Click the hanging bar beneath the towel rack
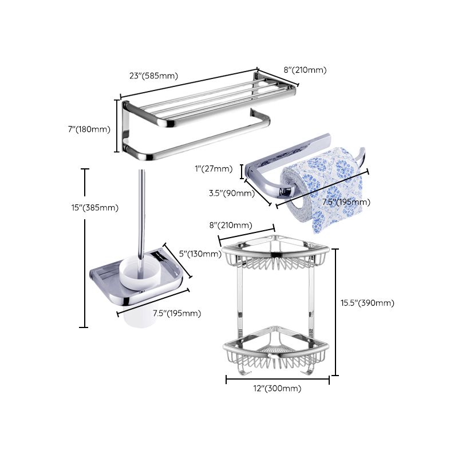click(200, 137)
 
